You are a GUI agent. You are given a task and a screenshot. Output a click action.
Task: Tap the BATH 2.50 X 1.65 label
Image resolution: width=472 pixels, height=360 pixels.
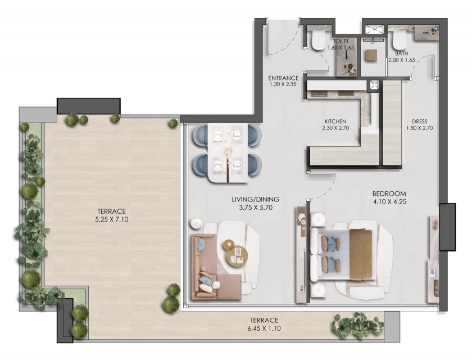pyautogui.click(x=402, y=57)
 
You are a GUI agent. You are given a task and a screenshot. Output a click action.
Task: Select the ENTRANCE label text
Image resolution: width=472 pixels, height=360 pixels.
pyautogui.click(x=284, y=78)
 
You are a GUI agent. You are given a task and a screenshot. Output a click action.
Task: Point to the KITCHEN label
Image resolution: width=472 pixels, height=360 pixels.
pyautogui.click(x=335, y=121)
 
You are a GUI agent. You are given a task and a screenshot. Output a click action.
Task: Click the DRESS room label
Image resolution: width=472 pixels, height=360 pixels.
pyautogui.click(x=419, y=121)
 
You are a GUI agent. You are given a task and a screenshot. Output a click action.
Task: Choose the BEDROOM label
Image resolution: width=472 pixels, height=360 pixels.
pyautogui.click(x=389, y=193)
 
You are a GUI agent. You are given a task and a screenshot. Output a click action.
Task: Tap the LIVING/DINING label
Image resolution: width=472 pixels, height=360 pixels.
pyautogui.click(x=256, y=199)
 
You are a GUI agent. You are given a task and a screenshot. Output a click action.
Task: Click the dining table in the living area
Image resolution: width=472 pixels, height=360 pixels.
pyautogui.click(x=228, y=153)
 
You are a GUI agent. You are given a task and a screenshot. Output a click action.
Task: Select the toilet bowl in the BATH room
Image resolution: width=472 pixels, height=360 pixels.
pyautogui.click(x=399, y=40)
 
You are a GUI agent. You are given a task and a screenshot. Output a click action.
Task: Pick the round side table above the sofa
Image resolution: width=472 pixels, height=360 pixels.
pyautogui.click(x=196, y=223)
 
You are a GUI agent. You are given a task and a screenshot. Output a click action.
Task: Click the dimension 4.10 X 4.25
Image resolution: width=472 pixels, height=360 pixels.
pyautogui.click(x=389, y=202)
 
